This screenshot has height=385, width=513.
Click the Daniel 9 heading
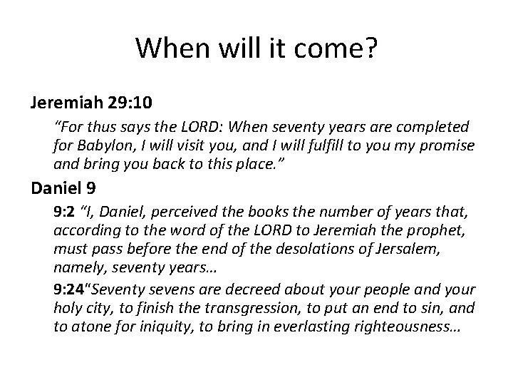click(63, 188)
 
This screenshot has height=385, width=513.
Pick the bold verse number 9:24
click(71, 291)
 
